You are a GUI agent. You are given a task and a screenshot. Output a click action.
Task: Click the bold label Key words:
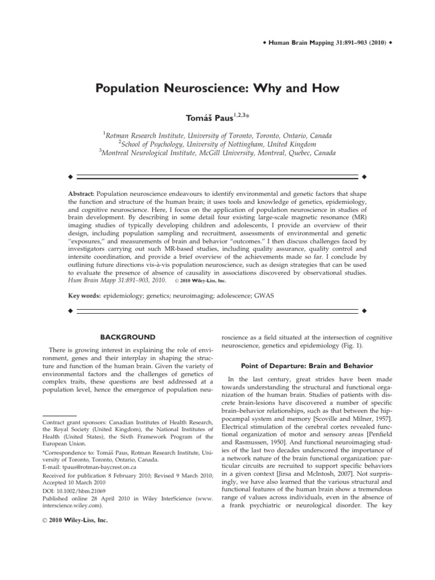(84, 296)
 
